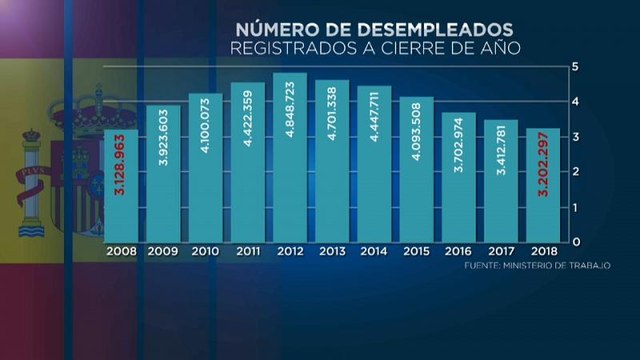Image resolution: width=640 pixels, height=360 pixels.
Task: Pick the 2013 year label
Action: [x=332, y=253]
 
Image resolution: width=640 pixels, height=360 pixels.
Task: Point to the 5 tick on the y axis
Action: [x=576, y=66]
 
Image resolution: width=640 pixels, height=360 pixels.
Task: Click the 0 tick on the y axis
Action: [x=576, y=242]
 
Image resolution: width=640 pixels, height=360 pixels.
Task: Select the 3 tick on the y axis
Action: [x=576, y=137]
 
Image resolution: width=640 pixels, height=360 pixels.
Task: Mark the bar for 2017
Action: [x=500, y=181]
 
